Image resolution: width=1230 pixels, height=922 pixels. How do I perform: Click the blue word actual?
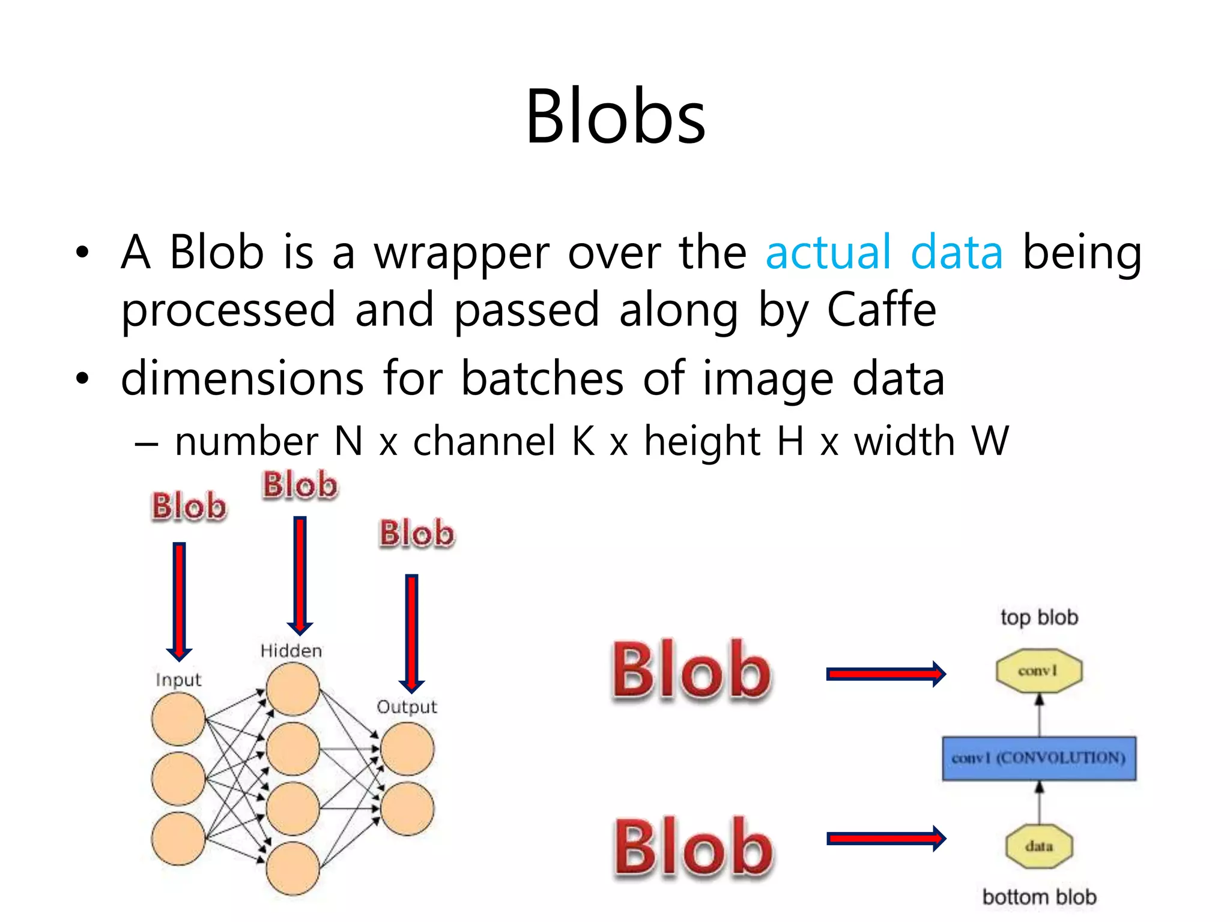828,252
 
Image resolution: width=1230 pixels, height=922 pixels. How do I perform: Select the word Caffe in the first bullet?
881,310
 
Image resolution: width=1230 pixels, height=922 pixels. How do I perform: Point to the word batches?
542,379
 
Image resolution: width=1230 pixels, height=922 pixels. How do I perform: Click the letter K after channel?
583,441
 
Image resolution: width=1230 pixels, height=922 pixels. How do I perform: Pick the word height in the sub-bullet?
702,441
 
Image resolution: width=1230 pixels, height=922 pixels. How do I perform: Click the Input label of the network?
178,679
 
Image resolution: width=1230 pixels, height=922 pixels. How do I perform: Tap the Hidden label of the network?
291,651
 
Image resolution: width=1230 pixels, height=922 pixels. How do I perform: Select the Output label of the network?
407,707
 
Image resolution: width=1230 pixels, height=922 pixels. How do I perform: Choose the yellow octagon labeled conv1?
1039,670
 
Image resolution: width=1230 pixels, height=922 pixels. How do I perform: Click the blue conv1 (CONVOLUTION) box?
1039,758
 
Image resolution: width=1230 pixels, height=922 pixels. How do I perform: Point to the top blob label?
1039,617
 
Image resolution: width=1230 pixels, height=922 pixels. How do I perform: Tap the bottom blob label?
1039,897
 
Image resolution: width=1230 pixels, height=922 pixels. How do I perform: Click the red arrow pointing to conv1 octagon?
885,674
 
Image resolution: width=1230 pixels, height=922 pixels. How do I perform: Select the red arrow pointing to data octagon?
885,839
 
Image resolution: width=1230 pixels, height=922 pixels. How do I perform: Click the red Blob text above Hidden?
300,485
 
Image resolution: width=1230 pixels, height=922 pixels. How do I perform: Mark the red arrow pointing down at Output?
411,633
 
